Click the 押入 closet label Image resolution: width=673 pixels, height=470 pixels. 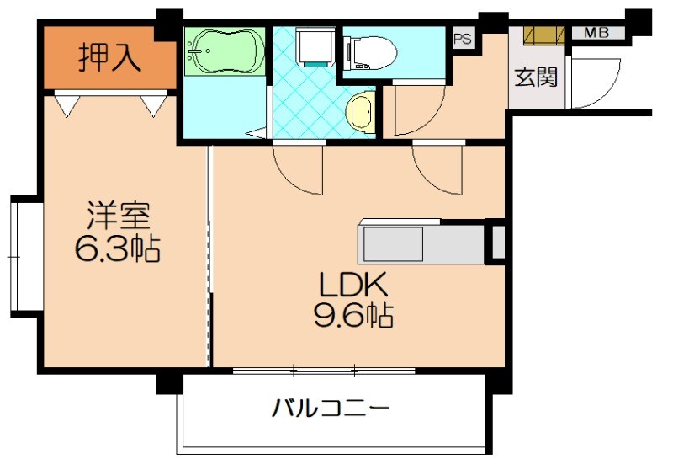click(x=109, y=58)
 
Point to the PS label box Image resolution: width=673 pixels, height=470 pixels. click(x=462, y=39)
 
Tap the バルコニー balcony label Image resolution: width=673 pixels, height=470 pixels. click(x=331, y=410)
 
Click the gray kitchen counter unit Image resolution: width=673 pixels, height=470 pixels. click(x=421, y=243)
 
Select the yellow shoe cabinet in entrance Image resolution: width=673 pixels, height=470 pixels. click(x=543, y=35)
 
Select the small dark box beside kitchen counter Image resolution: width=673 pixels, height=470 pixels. click(x=497, y=242)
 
